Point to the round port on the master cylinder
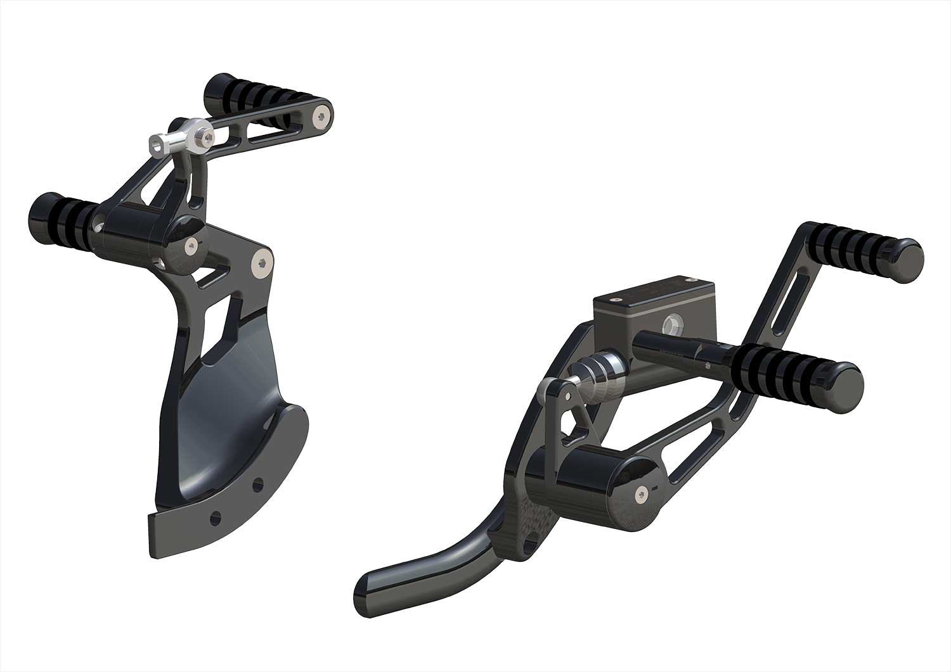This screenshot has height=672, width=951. (x=670, y=326)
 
